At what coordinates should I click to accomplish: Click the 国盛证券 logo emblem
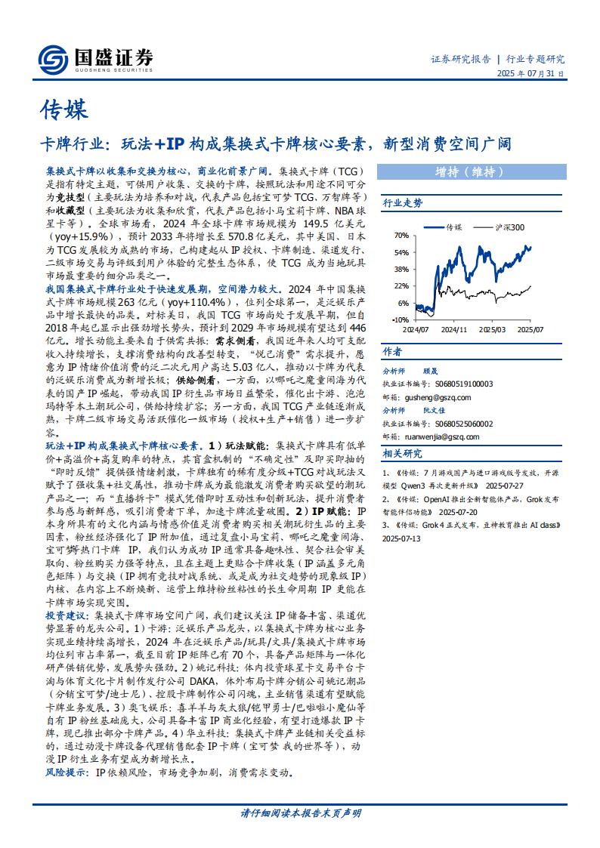click(54, 58)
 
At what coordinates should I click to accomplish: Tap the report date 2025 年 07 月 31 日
click(530, 74)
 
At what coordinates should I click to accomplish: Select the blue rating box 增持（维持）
click(469, 171)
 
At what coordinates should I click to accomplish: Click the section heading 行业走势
click(403, 203)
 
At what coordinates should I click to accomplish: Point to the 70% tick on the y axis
click(401, 236)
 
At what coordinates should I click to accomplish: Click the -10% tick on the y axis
click(400, 319)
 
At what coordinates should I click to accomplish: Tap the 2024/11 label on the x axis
click(454, 330)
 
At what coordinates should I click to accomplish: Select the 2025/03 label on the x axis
click(493, 330)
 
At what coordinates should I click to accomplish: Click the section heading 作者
click(392, 352)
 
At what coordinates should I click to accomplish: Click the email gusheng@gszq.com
click(438, 397)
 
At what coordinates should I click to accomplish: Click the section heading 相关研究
click(403, 453)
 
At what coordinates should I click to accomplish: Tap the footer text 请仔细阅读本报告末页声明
click(300, 813)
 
